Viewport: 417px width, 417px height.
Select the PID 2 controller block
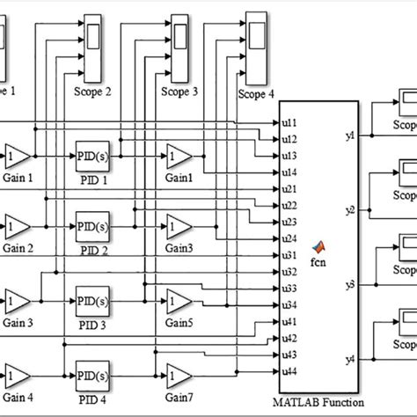92,225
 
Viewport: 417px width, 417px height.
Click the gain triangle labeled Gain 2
16,225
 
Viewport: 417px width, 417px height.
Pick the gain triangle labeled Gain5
179,299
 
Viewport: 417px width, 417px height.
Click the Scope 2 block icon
91,34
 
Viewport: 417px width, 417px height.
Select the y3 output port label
349,284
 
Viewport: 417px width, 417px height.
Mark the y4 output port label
349,359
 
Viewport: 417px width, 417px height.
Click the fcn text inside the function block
318,261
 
